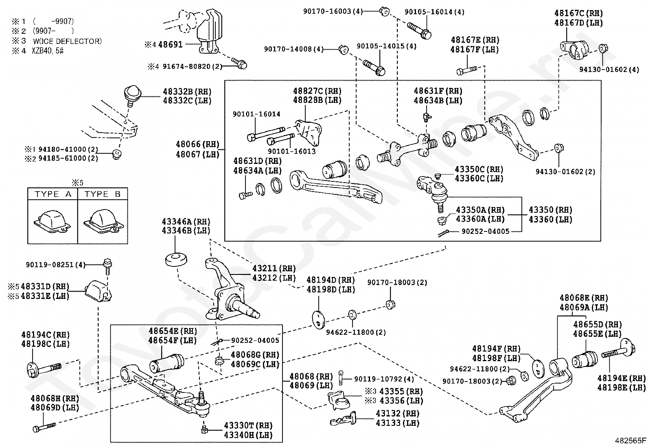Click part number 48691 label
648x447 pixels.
point(171,44)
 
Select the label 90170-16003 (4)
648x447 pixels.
point(333,11)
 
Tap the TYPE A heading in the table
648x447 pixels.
point(53,194)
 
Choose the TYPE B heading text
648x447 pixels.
point(103,194)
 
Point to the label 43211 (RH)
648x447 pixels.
point(274,268)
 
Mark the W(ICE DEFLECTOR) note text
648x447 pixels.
point(68,41)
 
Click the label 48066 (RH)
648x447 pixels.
point(197,144)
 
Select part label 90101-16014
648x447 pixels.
point(256,114)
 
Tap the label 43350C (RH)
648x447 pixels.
point(479,169)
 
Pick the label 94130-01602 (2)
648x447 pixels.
point(565,172)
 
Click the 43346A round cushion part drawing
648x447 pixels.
point(176,259)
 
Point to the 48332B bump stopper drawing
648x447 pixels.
point(133,96)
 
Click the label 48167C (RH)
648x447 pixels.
point(578,13)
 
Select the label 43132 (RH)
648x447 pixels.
point(398,414)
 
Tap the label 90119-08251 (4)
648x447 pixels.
point(55,264)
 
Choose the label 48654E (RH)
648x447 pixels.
point(173,331)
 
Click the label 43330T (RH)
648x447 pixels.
point(248,425)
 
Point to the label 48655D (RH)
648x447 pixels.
point(598,325)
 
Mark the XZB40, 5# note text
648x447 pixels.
point(48,51)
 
